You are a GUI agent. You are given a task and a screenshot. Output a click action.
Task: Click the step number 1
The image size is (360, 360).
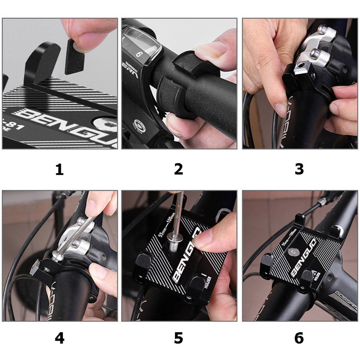point(59,170)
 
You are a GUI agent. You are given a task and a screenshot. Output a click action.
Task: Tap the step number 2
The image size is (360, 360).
point(179,170)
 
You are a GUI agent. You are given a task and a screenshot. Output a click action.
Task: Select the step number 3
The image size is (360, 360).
point(299,170)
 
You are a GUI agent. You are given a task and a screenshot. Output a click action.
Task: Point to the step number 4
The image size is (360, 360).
point(59,337)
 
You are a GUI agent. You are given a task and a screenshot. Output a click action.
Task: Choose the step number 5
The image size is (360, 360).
point(179,337)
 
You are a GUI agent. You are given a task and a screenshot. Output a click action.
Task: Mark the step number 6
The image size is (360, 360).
point(299,337)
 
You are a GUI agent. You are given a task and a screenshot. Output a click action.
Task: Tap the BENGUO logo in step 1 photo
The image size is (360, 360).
point(63,120)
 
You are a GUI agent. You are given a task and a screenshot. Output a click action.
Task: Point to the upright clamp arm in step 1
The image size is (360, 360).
point(42,63)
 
